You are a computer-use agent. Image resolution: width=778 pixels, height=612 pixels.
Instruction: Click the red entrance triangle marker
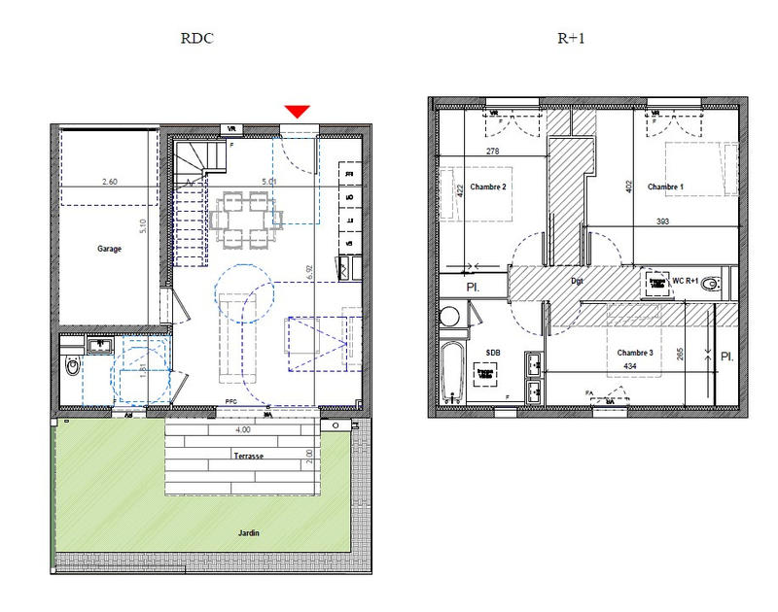point(298,113)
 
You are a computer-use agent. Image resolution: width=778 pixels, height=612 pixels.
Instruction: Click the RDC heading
point(196,39)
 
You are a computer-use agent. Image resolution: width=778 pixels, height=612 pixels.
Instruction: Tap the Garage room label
point(109,249)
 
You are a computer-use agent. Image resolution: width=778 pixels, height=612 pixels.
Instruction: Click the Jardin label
point(250,533)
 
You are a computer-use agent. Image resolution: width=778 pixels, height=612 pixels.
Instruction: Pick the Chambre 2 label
point(489,187)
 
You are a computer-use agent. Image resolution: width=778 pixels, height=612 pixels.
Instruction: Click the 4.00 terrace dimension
point(242,429)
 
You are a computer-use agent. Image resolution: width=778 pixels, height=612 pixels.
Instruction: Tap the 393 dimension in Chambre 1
point(662,221)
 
